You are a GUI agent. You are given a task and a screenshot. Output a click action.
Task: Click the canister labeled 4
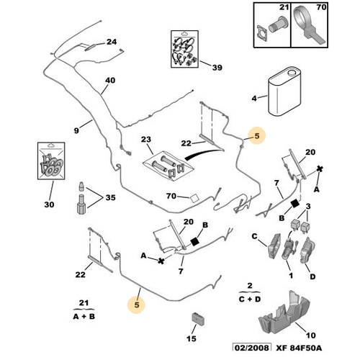click(x=284, y=91)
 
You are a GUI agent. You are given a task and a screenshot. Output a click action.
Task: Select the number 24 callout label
click(x=112, y=42)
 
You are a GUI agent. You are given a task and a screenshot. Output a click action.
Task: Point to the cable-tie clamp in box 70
click(x=308, y=25)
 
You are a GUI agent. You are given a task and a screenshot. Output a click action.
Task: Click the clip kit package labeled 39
click(x=184, y=49)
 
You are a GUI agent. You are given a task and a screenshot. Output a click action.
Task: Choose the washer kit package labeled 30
click(x=51, y=161)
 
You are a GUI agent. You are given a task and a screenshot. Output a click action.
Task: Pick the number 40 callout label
click(x=110, y=80)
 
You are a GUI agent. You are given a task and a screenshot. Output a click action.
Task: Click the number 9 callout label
click(x=76, y=130)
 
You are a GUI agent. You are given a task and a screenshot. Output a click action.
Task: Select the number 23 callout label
click(x=146, y=139)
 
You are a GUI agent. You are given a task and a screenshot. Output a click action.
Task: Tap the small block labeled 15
click(x=198, y=319)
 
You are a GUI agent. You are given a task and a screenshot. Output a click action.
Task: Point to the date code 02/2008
click(x=252, y=348)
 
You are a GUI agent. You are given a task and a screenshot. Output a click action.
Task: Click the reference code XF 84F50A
click(x=299, y=348)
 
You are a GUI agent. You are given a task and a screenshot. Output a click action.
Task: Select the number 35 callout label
click(x=111, y=197)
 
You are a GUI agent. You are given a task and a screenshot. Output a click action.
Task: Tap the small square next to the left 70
click(x=194, y=199)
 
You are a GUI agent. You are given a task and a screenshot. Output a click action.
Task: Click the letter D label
click(x=312, y=276)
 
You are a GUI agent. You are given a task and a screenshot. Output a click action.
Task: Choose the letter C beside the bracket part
click(x=254, y=236)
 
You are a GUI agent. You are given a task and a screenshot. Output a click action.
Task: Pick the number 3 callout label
click(x=308, y=206)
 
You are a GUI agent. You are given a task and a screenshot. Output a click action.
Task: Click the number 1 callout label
click(x=291, y=276)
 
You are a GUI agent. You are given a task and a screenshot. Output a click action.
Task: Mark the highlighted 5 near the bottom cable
click(x=137, y=305)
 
